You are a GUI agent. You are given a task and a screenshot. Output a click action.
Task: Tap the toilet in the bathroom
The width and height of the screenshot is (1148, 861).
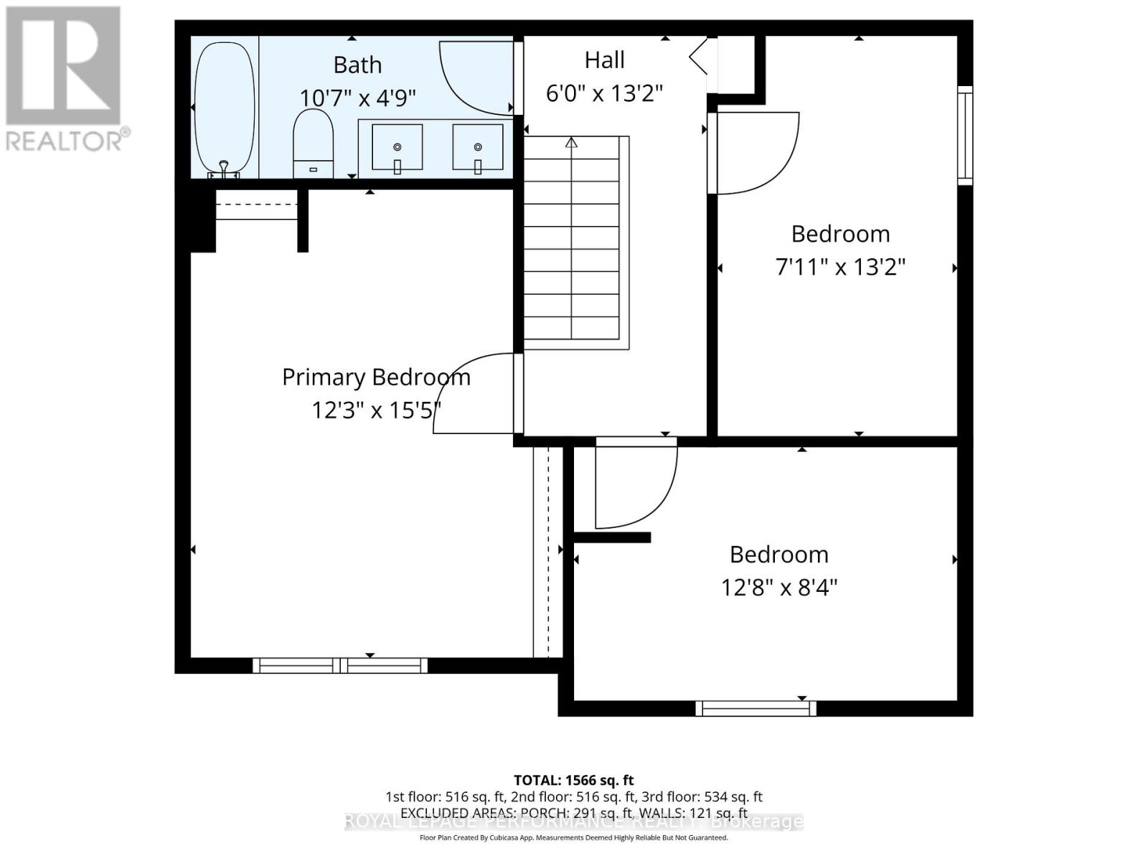[314, 143]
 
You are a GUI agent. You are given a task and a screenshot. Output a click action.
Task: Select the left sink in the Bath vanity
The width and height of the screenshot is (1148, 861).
[397, 147]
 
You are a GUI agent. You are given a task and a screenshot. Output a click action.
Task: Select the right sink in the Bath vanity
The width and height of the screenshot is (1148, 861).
[477, 147]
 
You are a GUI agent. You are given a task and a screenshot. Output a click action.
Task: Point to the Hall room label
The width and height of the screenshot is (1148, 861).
[604, 60]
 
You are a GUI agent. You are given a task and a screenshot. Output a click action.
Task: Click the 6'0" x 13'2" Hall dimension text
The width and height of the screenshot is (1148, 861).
[604, 93]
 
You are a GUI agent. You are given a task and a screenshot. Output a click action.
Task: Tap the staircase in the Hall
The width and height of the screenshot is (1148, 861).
[572, 244]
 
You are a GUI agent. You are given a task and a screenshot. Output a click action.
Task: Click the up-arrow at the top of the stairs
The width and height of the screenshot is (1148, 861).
[571, 142]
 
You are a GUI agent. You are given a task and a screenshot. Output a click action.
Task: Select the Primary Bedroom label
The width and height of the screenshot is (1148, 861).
[376, 377]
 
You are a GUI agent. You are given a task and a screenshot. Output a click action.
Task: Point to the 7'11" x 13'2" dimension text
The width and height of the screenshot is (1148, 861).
[840, 268]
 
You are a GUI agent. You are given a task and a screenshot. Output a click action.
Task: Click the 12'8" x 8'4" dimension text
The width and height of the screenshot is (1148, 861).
[779, 588]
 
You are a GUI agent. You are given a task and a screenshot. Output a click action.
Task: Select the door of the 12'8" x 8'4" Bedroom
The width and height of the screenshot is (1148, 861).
[635, 484]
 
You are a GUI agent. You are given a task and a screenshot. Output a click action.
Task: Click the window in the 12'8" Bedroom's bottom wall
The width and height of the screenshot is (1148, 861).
[756, 708]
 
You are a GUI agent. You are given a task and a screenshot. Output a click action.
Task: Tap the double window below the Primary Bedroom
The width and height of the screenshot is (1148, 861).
[340, 665]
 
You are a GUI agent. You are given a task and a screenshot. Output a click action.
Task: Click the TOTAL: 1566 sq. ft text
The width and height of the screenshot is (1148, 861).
[573, 780]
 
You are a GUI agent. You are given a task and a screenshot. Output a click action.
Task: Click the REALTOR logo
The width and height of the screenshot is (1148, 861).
[65, 79]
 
